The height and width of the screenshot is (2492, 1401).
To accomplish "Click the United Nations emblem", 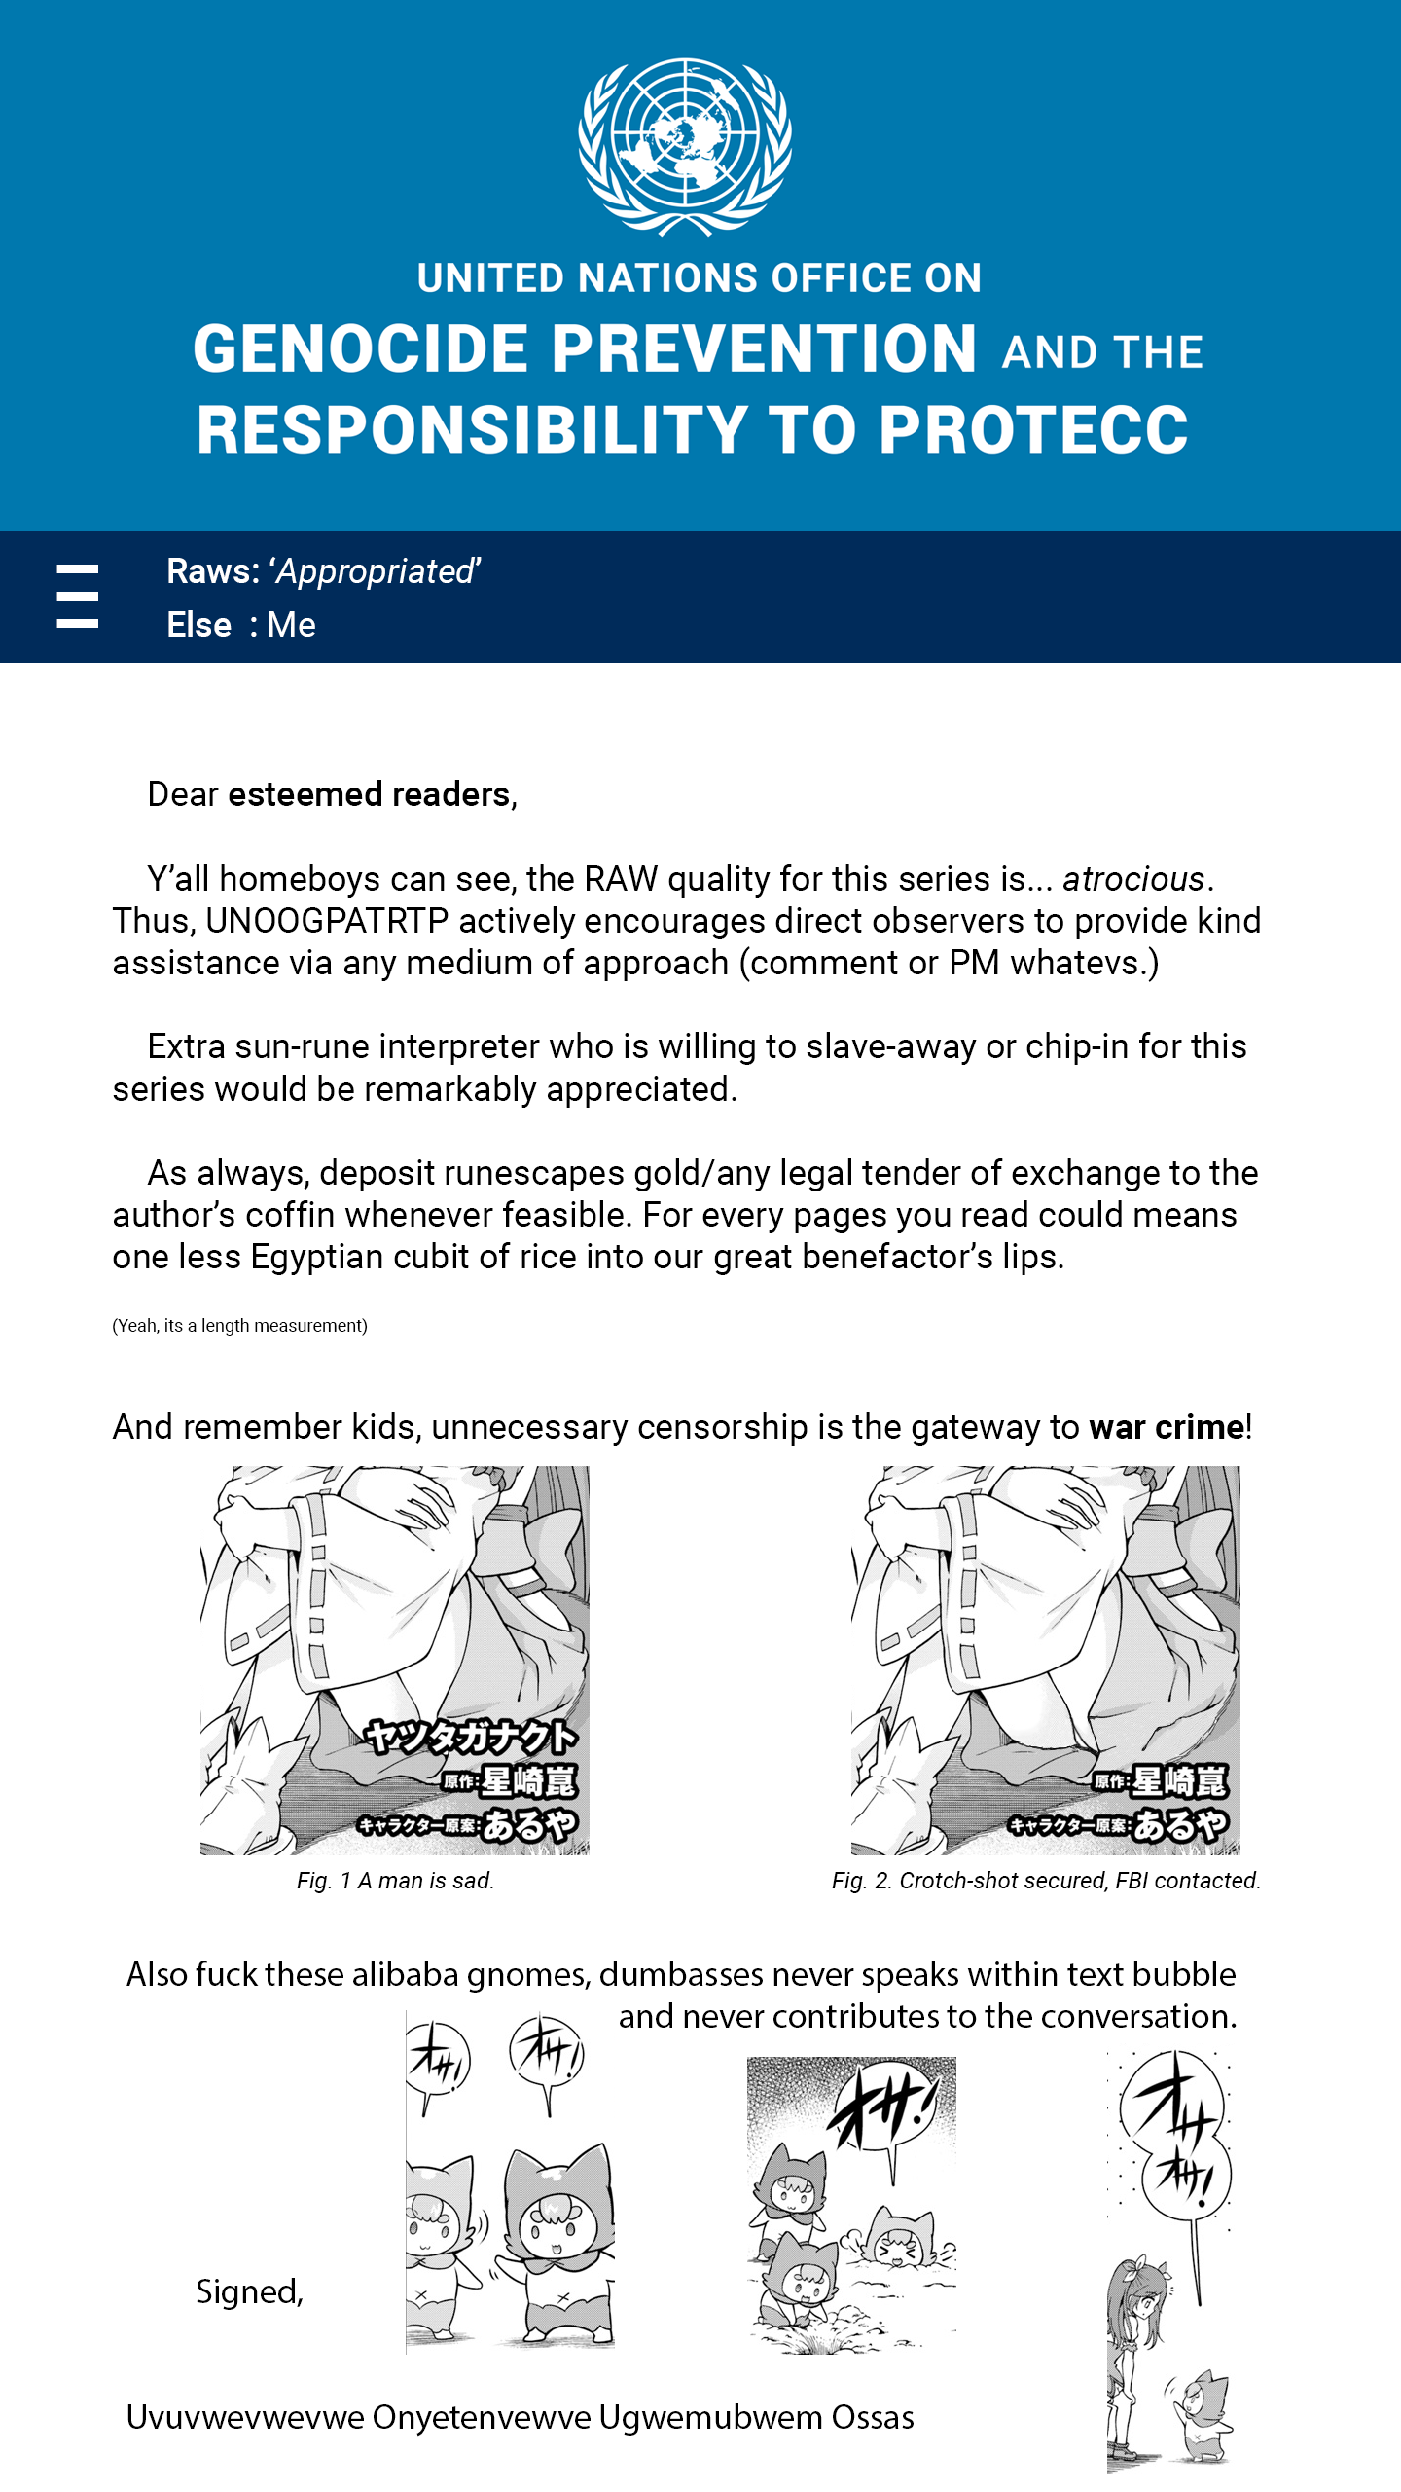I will pos(685,146).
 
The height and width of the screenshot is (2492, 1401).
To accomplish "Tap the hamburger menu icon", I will pos(78,596).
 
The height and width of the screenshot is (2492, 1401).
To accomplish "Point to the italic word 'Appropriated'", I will pos(377,571).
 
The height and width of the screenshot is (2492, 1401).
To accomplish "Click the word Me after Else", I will pos(292,625).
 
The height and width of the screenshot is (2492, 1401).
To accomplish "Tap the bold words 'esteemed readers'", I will pos(370,794).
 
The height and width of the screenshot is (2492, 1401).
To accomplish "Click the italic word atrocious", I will pos(1133,879).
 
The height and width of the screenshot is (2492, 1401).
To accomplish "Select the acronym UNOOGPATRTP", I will pos(328,921).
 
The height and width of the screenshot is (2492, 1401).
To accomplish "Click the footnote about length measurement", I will pos(240,1325).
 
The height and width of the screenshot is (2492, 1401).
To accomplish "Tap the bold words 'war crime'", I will pos(1167,1427).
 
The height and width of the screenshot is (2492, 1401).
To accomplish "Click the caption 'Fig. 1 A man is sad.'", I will pos(396,1881).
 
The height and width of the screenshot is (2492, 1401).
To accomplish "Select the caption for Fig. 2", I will pos(1046,1881).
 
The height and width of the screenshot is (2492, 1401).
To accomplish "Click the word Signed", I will pos(249,2292).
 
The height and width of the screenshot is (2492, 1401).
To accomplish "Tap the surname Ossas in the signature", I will pos(873,2418).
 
